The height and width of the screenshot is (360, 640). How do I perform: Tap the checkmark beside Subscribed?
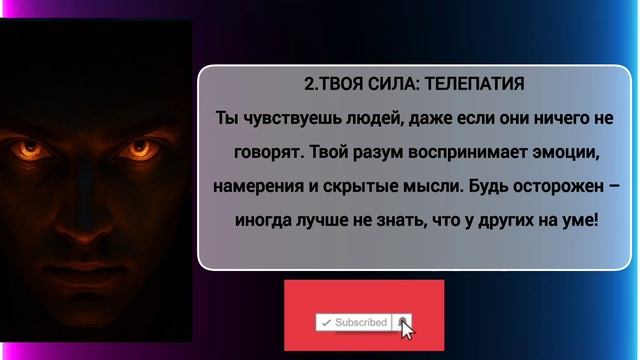(x=326, y=322)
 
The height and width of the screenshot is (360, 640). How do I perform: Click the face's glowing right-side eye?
(x=135, y=149)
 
